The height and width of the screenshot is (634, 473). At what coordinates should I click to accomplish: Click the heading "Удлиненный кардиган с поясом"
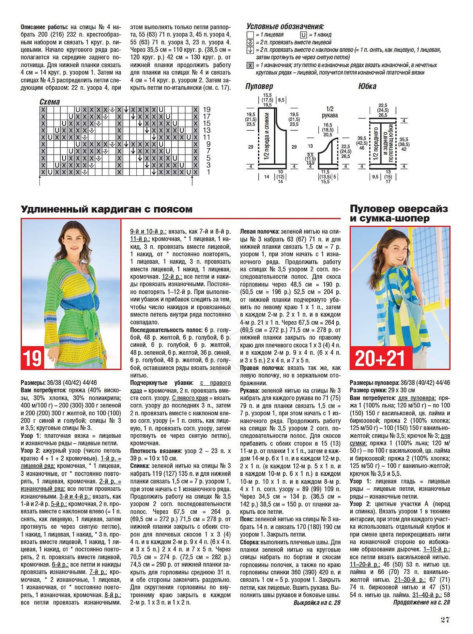tap(106, 209)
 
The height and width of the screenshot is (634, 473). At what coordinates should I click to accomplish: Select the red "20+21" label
tap(379, 359)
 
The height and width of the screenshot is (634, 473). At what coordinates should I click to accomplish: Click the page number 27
tap(445, 620)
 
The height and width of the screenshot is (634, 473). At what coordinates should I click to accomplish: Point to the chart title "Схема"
tap(50, 102)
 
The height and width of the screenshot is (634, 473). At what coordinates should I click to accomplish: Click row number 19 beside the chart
tap(206, 110)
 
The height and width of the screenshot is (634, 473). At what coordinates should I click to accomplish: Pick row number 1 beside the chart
tap(208, 172)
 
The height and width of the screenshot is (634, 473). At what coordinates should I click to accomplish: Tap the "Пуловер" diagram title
tap(259, 86)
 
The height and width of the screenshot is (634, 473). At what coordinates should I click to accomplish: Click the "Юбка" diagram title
tap(367, 86)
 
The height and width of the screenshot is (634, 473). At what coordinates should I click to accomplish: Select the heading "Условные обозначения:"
tap(285, 27)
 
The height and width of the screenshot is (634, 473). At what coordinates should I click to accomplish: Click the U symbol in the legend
tap(303, 35)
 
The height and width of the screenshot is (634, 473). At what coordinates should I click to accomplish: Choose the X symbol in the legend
tap(250, 65)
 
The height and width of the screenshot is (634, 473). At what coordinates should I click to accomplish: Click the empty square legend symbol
tap(250, 35)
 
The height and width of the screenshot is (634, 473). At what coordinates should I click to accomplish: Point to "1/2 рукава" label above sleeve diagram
tap(329, 112)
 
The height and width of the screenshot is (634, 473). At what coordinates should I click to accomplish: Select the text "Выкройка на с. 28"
tap(317, 603)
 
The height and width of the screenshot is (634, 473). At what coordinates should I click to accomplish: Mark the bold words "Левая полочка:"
tap(259, 231)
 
